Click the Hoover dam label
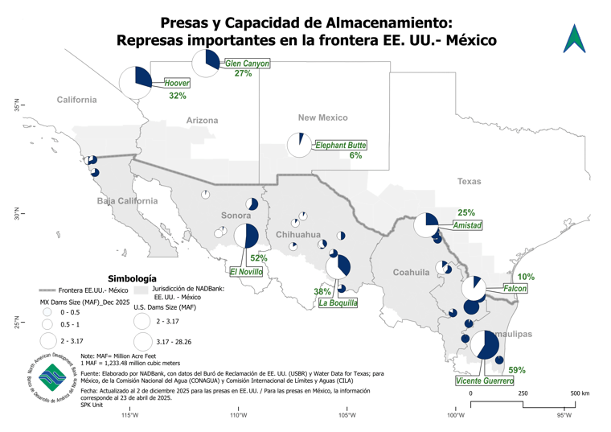[177, 83]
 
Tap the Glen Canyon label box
[247, 63]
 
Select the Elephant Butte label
[341, 146]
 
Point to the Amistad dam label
[467, 226]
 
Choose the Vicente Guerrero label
[484, 381]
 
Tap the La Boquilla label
[338, 303]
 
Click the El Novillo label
[246, 272]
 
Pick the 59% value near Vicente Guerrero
[517, 370]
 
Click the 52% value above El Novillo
[258, 258]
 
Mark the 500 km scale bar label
[580, 393]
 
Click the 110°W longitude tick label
[238, 416]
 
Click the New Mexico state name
[322, 117]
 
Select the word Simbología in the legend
[132, 277]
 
